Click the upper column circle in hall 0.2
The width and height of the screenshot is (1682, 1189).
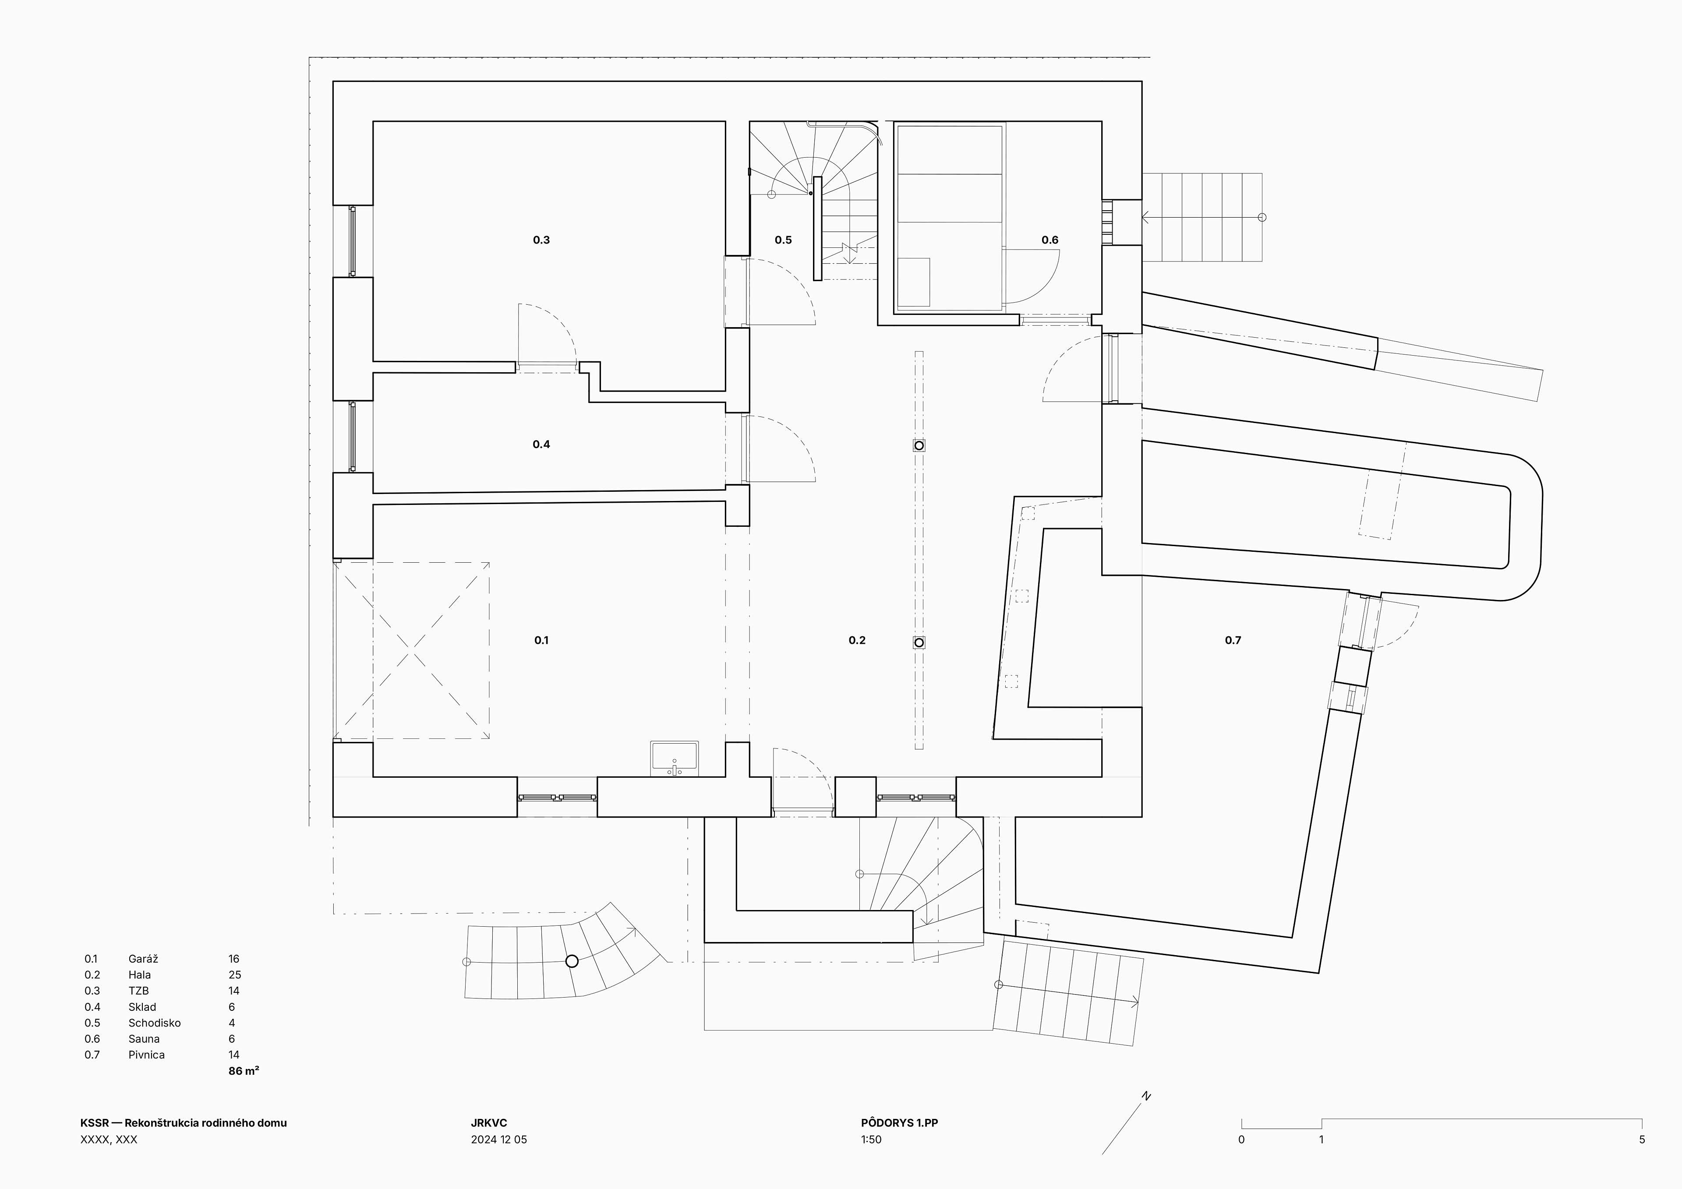919,445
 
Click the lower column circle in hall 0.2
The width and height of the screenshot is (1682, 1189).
919,642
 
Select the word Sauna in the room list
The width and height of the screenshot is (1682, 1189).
144,1039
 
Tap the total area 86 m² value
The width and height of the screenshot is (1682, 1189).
244,1071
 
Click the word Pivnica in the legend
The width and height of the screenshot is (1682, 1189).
146,1055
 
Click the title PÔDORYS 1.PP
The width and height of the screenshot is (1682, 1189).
900,1123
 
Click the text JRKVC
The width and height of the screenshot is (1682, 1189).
489,1123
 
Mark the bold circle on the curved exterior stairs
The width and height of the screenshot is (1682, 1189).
572,961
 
